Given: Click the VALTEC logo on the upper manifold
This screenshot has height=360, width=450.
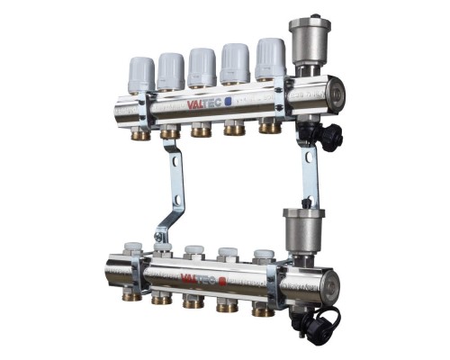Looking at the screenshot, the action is point(204,103).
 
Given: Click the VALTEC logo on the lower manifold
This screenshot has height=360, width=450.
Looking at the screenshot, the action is point(199,280).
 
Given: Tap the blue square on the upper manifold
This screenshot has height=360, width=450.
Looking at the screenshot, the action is point(229,102).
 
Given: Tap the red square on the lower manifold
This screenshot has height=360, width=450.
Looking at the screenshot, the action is point(222,282).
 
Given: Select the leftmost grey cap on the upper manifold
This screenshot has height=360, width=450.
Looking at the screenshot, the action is point(141,75).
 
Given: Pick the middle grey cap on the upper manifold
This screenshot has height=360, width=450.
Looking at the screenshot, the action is point(202,67).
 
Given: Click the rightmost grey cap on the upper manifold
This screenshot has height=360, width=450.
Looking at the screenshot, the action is point(271,59).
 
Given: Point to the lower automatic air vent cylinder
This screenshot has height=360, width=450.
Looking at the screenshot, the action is point(303,230).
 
